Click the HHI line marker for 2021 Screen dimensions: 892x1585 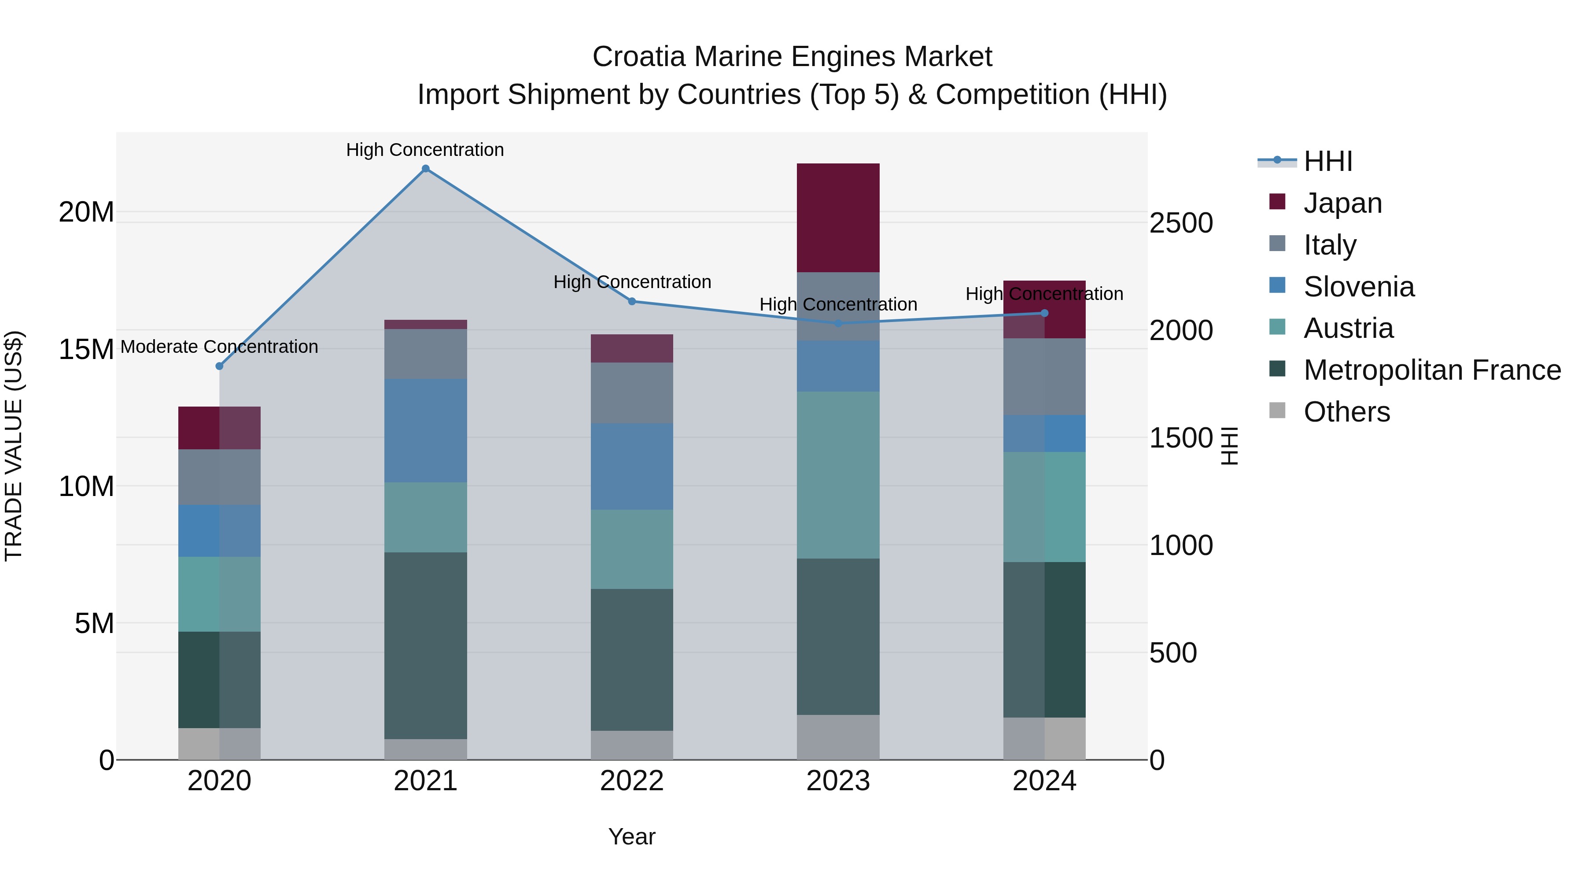[425, 169]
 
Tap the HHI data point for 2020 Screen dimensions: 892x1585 [219, 366]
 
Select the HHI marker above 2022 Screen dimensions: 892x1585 [632, 302]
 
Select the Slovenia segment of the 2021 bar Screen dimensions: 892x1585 [425, 430]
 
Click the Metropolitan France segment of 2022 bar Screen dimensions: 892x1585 [632, 659]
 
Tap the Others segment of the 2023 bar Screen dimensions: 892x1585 [838, 737]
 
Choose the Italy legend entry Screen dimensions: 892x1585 [1329, 245]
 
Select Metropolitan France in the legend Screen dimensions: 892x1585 [1431, 370]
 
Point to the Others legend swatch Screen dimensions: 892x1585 [1277, 411]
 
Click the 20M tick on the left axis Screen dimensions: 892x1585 [86, 212]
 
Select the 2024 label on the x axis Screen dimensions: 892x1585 [1044, 781]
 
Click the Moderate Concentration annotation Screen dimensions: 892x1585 [219, 347]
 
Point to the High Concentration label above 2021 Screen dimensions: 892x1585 [425, 150]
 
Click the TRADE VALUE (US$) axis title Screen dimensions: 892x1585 [14, 446]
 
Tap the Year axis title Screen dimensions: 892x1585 [632, 836]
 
